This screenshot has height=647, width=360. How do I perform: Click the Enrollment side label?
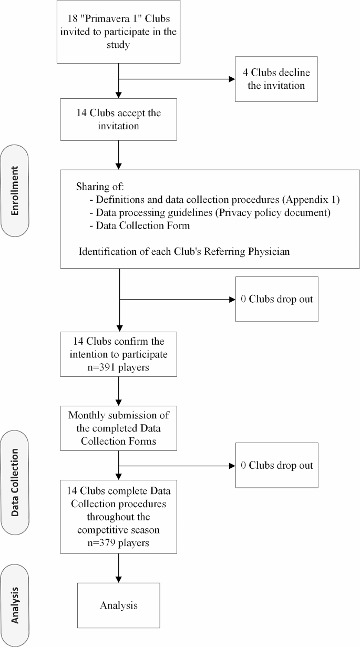pos(15,191)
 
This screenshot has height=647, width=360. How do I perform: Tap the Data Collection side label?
pos(15,482)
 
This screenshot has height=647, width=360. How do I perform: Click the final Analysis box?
pos(118,605)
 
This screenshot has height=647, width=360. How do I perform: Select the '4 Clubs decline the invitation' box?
pos(276,79)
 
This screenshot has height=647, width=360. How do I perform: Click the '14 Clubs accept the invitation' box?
pos(118,120)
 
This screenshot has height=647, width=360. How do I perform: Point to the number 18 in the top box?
pos(73,19)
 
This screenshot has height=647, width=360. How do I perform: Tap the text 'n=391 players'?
pos(118,367)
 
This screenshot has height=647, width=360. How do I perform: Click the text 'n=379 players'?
pos(118,543)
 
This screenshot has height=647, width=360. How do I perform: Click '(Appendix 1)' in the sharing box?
pos(311,200)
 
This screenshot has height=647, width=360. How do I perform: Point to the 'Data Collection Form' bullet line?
pos(140,225)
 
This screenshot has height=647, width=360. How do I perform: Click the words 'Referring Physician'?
pos(246,252)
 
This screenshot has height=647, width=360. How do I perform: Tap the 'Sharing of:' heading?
pos(100,187)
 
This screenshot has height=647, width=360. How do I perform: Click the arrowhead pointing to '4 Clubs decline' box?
pos(232,79)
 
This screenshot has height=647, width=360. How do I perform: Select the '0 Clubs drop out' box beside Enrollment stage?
pos(277,299)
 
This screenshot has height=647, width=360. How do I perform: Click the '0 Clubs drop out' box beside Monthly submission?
pos(277,466)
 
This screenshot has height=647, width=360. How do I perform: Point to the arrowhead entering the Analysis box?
pos(118,580)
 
